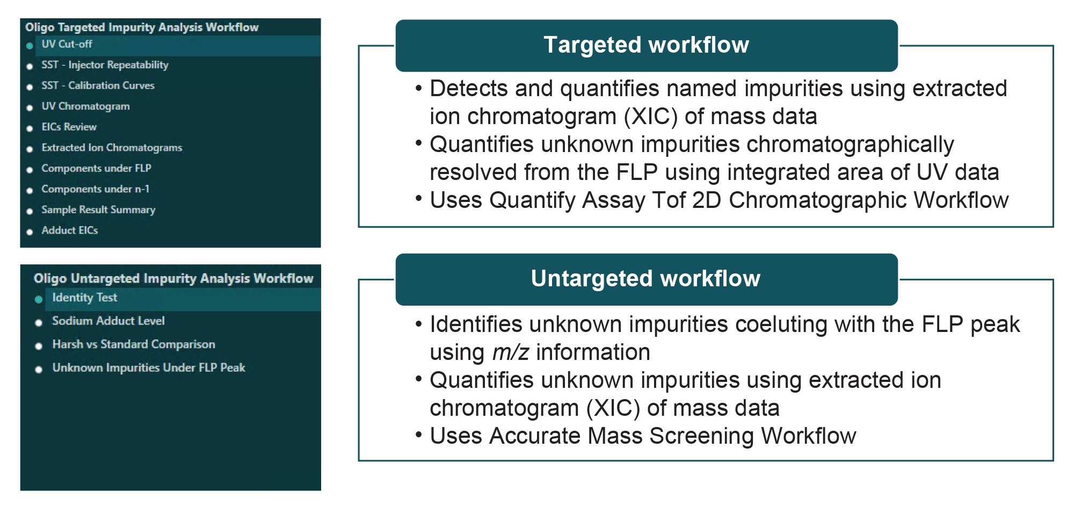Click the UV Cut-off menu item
[x=67, y=45]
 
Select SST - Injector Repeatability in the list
[x=105, y=65]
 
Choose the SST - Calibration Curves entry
[x=98, y=85]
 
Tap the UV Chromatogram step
[x=85, y=106]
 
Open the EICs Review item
[x=69, y=127]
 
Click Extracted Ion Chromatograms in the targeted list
[x=112, y=148]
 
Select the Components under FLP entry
[x=96, y=168]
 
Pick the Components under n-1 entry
[x=95, y=189]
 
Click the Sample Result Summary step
[x=98, y=209]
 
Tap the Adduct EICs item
[x=70, y=230]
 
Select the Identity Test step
[x=84, y=298]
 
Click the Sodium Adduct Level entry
[x=108, y=321]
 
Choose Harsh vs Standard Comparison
[x=133, y=344]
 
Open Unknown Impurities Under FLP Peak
[x=148, y=367]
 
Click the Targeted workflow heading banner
[x=646, y=45]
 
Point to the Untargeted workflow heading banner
[x=646, y=279]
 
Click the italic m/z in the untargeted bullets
[x=510, y=352]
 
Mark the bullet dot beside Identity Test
[x=39, y=299]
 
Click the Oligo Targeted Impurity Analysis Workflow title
[x=142, y=27]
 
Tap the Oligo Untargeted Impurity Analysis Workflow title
[x=173, y=278]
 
